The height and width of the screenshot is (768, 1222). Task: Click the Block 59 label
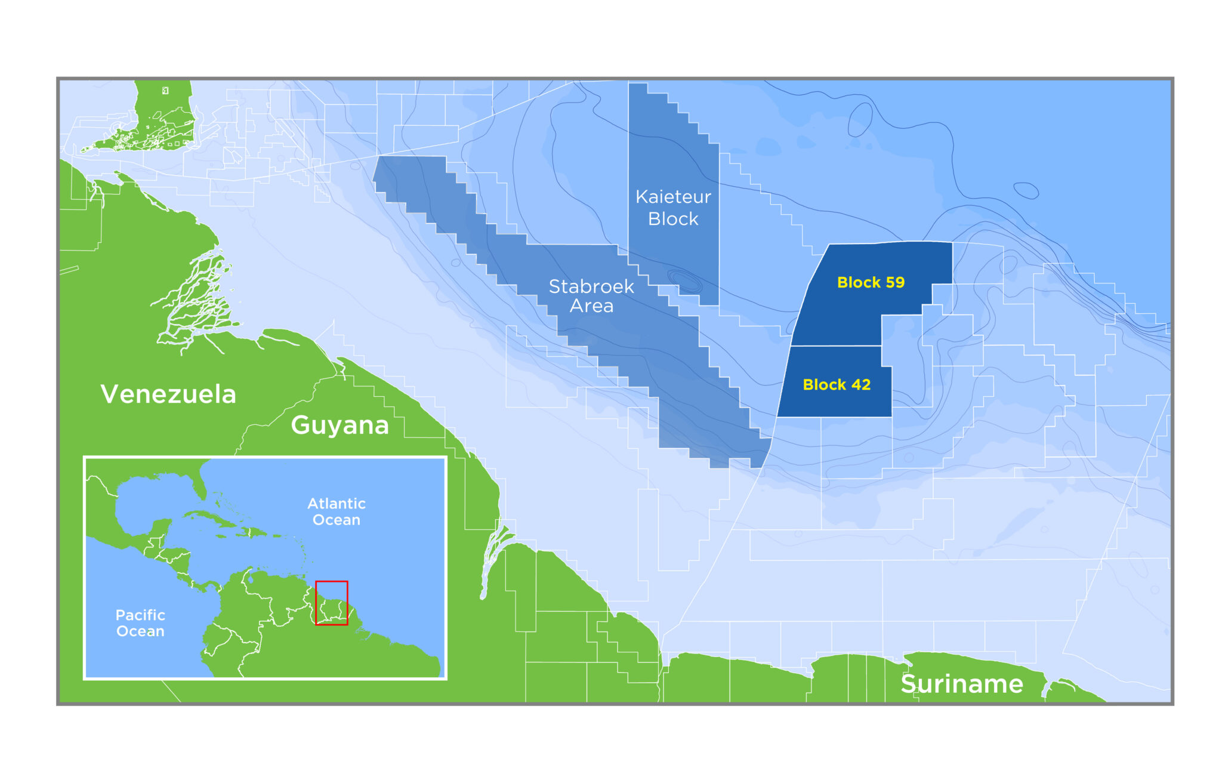pyautogui.click(x=871, y=282)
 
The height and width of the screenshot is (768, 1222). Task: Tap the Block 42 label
pyautogui.click(x=837, y=385)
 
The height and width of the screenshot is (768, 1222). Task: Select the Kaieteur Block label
pyautogui.click(x=673, y=208)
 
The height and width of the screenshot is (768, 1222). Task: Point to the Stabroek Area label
pyautogui.click(x=591, y=296)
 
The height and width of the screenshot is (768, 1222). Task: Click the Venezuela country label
pyautogui.click(x=168, y=394)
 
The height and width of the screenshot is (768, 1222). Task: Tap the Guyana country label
pyautogui.click(x=340, y=425)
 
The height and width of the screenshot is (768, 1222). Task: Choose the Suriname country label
pyautogui.click(x=962, y=684)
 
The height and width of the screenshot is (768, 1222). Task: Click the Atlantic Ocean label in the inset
pyautogui.click(x=337, y=511)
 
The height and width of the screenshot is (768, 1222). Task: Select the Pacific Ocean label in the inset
pyautogui.click(x=140, y=623)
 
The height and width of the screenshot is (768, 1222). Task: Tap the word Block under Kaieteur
pyautogui.click(x=673, y=219)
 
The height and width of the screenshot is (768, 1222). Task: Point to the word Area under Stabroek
pyautogui.click(x=591, y=306)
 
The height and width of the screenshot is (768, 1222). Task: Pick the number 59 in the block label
pyautogui.click(x=894, y=282)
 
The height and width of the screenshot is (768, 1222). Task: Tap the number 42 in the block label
pyautogui.click(x=860, y=385)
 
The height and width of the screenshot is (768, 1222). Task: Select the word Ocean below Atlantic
pyautogui.click(x=337, y=520)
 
